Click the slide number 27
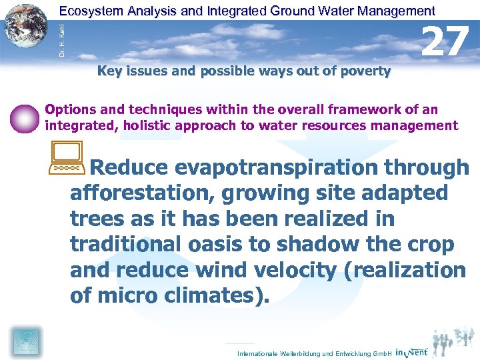tap(445, 41)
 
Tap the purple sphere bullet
tap(25, 119)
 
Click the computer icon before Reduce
tap(65, 158)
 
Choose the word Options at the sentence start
tap(70, 109)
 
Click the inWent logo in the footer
tap(411, 351)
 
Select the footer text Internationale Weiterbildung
tap(279, 353)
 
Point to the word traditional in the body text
tap(122, 245)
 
